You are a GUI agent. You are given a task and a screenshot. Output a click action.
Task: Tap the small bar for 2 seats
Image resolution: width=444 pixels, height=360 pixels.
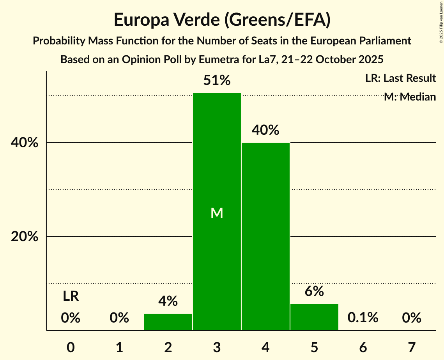(168, 322)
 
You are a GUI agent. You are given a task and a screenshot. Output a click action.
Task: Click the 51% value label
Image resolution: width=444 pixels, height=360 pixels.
(217, 81)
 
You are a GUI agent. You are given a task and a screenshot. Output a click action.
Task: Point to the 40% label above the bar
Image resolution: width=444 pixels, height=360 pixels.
(265, 130)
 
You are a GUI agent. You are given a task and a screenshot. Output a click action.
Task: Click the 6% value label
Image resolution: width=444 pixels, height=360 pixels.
(314, 291)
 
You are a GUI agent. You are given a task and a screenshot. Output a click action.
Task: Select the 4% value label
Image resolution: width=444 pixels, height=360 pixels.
(168, 301)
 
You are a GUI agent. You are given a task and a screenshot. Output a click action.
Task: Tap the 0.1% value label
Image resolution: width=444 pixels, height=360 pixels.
(363, 318)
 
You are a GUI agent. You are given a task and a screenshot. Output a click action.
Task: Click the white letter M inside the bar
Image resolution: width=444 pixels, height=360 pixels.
(217, 213)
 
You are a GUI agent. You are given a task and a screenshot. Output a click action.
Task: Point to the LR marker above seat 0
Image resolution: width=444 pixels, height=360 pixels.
(71, 296)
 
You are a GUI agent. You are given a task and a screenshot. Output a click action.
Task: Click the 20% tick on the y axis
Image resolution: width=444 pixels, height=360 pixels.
(25, 237)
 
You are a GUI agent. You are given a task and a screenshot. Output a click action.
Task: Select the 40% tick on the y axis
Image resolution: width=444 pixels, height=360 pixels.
(25, 143)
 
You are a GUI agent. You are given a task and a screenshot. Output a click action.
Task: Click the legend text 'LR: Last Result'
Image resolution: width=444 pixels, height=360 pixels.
(400, 78)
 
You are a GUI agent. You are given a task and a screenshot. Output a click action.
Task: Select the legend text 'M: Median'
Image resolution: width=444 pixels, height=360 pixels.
(410, 97)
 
